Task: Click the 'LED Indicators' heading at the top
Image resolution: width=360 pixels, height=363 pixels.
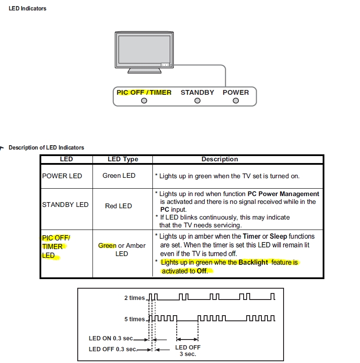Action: (27, 9)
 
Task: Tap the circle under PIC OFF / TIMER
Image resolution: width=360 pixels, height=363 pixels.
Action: (144, 101)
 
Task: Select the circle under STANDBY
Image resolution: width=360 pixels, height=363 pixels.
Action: (198, 101)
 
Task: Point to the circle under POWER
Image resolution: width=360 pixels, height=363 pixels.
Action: (236, 101)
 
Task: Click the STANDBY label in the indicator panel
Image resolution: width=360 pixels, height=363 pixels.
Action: (198, 93)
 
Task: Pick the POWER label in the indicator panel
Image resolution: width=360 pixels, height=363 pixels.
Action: (236, 93)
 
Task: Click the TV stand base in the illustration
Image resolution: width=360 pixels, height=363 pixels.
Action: (145, 70)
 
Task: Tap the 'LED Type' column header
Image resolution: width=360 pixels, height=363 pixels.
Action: (123, 159)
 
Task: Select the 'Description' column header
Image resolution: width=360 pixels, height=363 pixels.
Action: (220, 159)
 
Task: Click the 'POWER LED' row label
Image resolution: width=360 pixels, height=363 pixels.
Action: (62, 176)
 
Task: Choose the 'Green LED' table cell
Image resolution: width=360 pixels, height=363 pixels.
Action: (119, 176)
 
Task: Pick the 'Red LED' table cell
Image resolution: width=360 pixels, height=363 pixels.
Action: (119, 206)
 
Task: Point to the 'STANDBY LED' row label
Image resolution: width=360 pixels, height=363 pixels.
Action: (65, 205)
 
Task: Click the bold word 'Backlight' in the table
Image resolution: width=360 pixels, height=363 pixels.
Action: (253, 263)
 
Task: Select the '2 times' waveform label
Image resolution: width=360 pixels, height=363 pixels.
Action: (135, 298)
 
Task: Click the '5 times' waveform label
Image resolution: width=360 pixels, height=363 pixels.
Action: (135, 319)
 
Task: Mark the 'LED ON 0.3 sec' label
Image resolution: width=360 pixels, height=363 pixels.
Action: (111, 339)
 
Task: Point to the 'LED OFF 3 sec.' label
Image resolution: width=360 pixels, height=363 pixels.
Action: (188, 351)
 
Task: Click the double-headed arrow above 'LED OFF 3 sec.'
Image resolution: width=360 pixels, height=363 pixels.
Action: (187, 340)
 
